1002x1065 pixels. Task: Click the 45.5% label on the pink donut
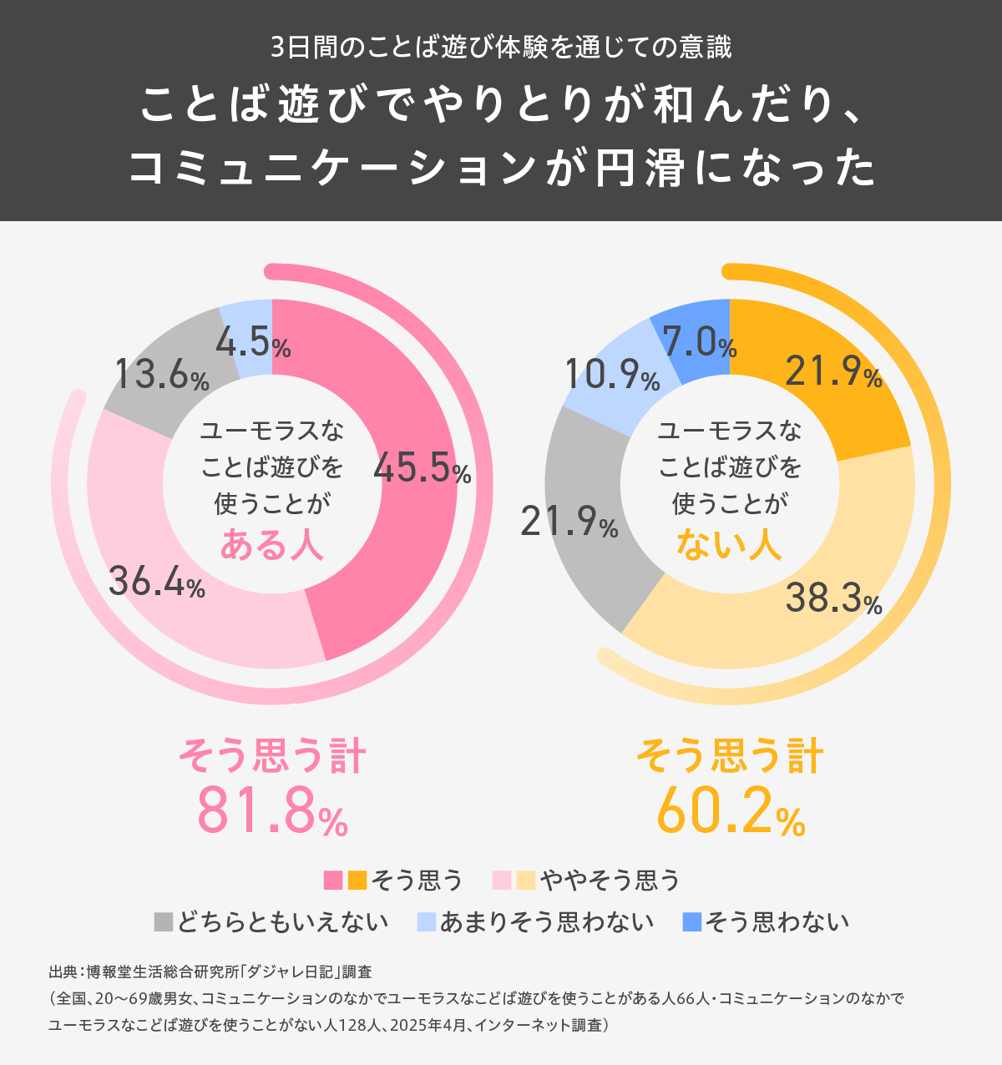(x=422, y=468)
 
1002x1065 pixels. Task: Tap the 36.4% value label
(x=157, y=582)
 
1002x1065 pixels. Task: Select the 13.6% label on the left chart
(x=161, y=375)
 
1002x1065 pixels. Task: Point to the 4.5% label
(x=253, y=342)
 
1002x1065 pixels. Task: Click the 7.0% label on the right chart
(x=700, y=342)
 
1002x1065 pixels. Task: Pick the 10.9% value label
(x=612, y=375)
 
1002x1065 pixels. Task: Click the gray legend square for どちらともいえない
(x=164, y=922)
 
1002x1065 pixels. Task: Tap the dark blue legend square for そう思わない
(x=692, y=922)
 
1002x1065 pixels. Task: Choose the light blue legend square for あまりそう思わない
(x=426, y=922)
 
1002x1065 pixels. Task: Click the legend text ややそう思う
(x=610, y=880)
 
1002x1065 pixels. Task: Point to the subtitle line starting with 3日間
(x=501, y=47)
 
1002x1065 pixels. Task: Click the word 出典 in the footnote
(x=62, y=972)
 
